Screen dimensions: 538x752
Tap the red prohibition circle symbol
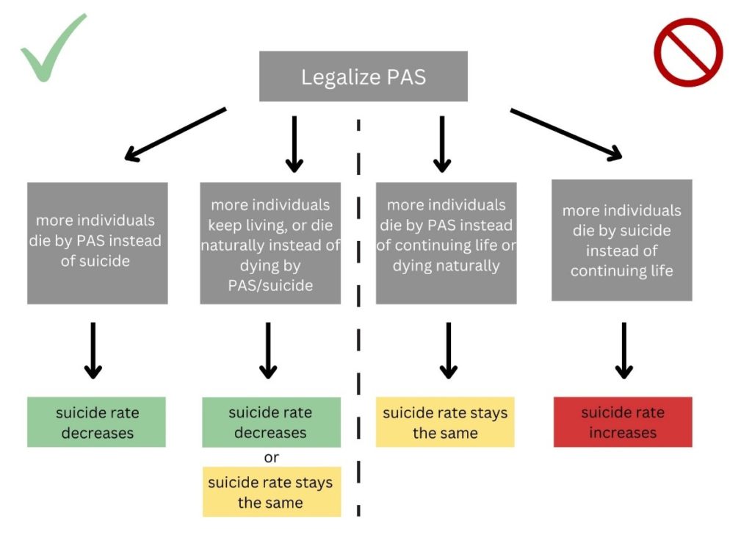(x=688, y=52)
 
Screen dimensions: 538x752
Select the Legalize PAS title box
(x=364, y=76)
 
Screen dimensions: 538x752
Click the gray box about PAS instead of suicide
(x=98, y=243)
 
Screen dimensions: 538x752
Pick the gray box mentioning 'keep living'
(x=270, y=243)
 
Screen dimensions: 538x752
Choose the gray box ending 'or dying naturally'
(x=446, y=243)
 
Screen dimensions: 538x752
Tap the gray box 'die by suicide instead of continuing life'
(x=621, y=240)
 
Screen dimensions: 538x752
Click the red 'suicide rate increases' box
(x=623, y=422)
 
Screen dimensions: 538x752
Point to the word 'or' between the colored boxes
(x=271, y=458)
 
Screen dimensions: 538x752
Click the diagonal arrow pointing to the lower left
(x=175, y=134)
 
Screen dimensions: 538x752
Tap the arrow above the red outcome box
(x=623, y=350)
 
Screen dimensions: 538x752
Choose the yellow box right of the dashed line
(x=445, y=422)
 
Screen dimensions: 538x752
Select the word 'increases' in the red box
(x=623, y=432)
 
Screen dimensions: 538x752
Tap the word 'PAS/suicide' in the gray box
(x=270, y=285)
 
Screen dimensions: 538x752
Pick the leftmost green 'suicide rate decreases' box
(x=97, y=422)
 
